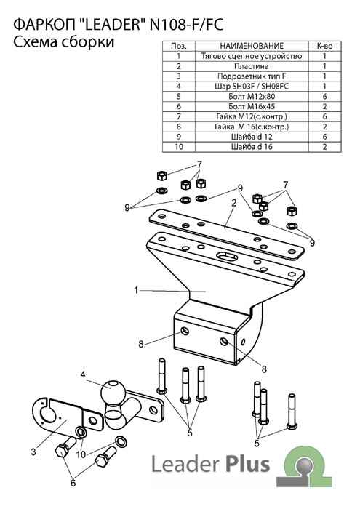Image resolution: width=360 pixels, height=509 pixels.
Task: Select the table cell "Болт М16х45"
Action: pos(252,106)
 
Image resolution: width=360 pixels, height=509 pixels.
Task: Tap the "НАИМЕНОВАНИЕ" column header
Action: pos(252,46)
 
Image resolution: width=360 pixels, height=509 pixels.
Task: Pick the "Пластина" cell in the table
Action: pos(252,66)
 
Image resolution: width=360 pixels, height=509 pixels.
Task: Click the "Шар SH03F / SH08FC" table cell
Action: pos(252,86)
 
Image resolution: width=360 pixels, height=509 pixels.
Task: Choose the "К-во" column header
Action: pos(324,46)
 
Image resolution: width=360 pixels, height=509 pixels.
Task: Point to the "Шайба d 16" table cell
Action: pos(252,147)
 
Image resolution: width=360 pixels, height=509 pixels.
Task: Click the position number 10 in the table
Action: pos(178,147)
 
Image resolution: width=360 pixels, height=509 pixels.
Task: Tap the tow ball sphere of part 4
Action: pos(112,391)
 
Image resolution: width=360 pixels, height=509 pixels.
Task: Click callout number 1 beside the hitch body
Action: pos(136,290)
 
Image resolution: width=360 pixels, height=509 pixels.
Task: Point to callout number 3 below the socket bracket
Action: pos(33,452)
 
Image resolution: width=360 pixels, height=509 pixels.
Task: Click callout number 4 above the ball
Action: pos(83,374)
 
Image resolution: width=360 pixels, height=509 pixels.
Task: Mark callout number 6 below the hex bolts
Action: pos(73,483)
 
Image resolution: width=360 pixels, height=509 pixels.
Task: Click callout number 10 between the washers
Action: pos(81,454)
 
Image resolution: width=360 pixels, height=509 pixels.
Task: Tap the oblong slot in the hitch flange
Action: pos(226,256)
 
